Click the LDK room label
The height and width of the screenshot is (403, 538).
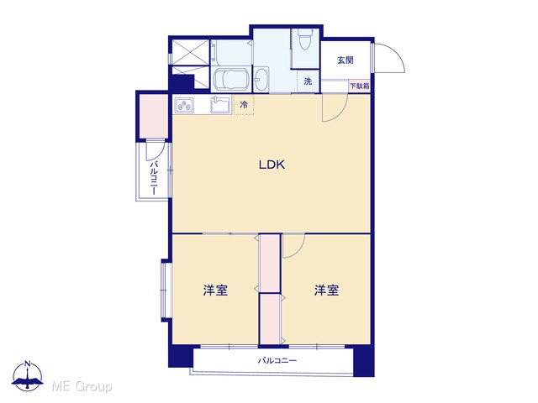click(272, 165)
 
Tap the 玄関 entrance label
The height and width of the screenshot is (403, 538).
click(345, 60)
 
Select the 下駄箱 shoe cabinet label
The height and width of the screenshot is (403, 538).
click(359, 86)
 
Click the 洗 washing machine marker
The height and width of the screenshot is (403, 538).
click(308, 81)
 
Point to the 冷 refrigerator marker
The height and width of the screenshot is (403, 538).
click(244, 104)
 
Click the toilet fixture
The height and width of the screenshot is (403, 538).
click(304, 39)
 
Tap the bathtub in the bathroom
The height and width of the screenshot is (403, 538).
click(230, 79)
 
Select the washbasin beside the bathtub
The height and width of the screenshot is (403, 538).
click(261, 80)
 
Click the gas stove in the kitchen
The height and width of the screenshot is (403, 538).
click(184, 106)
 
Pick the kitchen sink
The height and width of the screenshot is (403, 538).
click(220, 104)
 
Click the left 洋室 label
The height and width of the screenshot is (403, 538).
click(215, 290)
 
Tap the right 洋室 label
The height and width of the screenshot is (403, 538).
click(327, 290)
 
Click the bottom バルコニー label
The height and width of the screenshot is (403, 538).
click(277, 360)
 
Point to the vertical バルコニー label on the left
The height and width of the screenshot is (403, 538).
click(154, 177)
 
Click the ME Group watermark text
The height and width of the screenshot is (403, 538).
click(82, 386)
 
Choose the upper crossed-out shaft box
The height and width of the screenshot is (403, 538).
click(190, 52)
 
